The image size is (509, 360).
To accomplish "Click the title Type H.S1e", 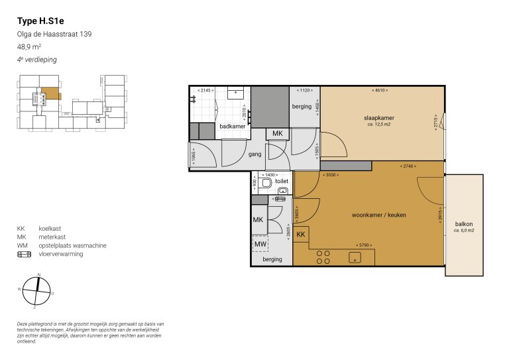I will [x=38, y=21].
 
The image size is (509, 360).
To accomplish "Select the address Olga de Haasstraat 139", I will [x=54, y=34].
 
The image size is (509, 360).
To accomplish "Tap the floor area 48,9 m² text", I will [x=31, y=47].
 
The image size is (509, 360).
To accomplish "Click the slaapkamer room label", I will [x=378, y=118].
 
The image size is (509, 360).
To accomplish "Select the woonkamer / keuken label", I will [x=378, y=215].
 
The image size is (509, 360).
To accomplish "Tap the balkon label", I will [x=463, y=224].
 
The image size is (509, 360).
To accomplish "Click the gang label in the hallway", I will [x=254, y=154].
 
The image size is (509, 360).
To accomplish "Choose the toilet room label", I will [x=282, y=180].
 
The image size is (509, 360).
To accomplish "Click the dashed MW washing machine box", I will [x=260, y=244].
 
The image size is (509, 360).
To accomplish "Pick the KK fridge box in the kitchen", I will [x=300, y=235].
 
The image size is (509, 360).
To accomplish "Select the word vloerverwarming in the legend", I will [x=61, y=253].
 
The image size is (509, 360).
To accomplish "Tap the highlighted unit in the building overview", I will [x=50, y=95].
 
